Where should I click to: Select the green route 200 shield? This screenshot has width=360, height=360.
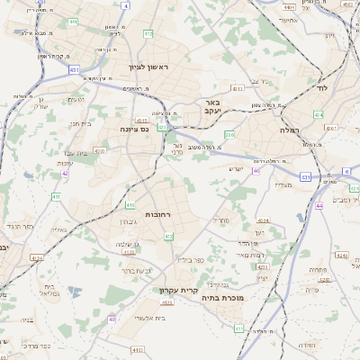click(229, 135)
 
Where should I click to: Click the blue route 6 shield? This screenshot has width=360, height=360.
click(346, 170)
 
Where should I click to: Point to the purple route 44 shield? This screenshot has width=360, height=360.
click(256, 169)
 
